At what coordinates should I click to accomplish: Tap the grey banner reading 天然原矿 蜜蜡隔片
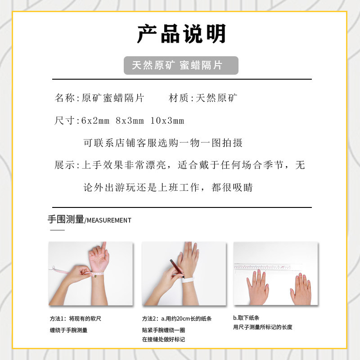click(x=181, y=65)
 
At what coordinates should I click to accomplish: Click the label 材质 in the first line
click(x=179, y=98)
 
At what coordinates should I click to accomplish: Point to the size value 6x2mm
click(x=95, y=121)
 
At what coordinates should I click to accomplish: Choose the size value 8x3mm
click(x=130, y=121)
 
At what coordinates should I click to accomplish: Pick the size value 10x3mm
click(x=167, y=121)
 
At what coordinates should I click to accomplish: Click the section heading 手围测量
click(x=66, y=220)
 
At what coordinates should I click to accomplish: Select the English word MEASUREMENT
click(x=109, y=220)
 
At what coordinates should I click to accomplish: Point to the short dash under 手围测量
click(x=57, y=230)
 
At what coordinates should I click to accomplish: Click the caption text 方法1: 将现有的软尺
click(x=76, y=319)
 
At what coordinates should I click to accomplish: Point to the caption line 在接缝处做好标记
click(x=163, y=339)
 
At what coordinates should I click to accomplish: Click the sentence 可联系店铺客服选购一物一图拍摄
click(x=163, y=143)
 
